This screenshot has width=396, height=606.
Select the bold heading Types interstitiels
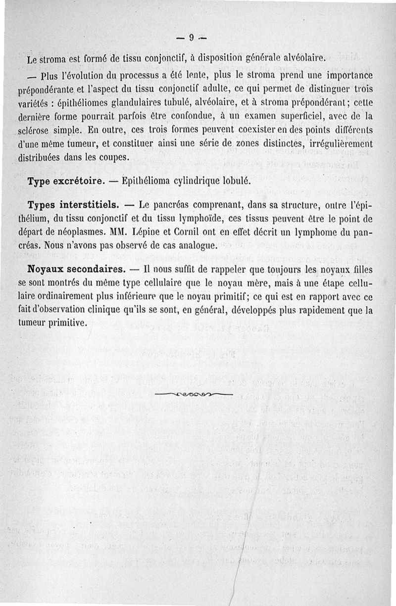point(73,205)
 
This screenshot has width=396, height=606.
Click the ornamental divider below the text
point(194,394)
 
